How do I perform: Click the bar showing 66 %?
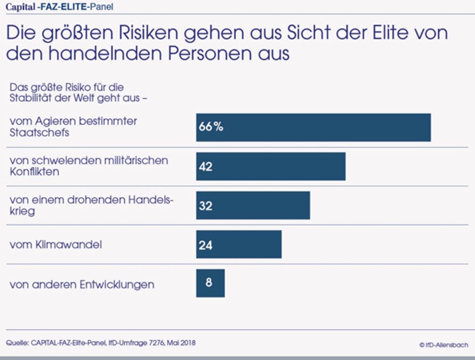tap(313, 127)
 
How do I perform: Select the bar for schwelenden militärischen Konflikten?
tap(271, 166)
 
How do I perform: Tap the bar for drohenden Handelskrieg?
tap(253, 205)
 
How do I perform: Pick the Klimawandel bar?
tap(238, 244)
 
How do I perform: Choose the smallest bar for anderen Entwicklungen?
tap(210, 283)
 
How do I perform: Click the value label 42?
tap(205, 166)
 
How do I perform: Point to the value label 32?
tap(205, 206)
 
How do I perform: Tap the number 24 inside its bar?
tap(205, 245)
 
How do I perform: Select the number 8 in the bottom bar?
tap(209, 283)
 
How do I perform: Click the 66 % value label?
tap(211, 127)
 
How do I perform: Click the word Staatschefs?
tap(40, 133)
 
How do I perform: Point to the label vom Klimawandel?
tap(56, 245)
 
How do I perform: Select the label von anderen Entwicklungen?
tap(82, 285)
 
